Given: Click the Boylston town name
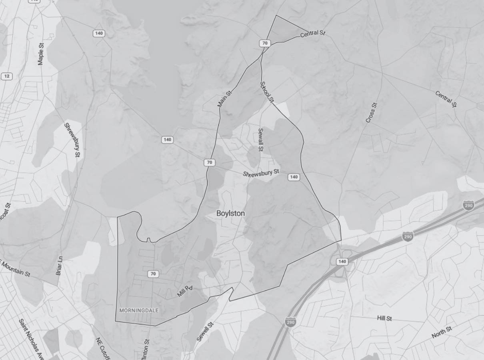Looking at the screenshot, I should pyautogui.click(x=230, y=213).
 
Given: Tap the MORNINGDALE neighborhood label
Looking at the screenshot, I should pyautogui.click(x=139, y=310).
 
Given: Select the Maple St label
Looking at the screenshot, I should pyautogui.click(x=40, y=54).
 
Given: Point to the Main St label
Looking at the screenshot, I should pyautogui.click(x=224, y=99).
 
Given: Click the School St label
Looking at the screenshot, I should pyautogui.click(x=267, y=92).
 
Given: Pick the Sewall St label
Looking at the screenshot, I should pyautogui.click(x=261, y=140).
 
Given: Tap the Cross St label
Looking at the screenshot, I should pyautogui.click(x=371, y=113).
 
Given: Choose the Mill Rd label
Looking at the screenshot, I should pyautogui.click(x=185, y=291).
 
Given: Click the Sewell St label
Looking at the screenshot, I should pyautogui.click(x=205, y=332).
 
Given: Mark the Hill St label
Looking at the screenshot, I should pyautogui.click(x=384, y=318).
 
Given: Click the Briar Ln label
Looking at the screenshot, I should pyautogui.click(x=59, y=266).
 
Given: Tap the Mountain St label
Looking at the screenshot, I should pyautogui.click(x=16, y=269).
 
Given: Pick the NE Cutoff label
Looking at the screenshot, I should pyautogui.click(x=102, y=348).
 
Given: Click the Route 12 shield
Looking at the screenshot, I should pyautogui.click(x=6, y=76).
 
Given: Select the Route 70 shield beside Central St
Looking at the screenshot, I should pyautogui.click(x=264, y=43).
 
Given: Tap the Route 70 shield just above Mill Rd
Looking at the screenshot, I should pyautogui.click(x=153, y=274).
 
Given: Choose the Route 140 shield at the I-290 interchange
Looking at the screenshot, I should pyautogui.click(x=342, y=262).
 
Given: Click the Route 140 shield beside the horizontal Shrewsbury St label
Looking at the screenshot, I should pyautogui.click(x=294, y=177).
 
